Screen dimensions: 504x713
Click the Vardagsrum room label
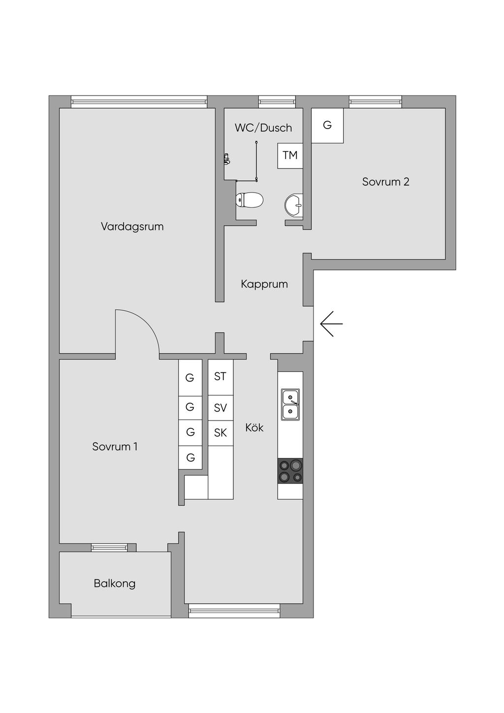click(x=132, y=227)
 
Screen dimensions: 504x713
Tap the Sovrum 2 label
click(x=386, y=182)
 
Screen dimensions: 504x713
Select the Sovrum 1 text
click(x=115, y=447)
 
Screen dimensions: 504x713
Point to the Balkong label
click(x=115, y=583)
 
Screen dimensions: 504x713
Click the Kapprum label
click(x=264, y=284)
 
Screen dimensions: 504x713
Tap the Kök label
click(x=254, y=427)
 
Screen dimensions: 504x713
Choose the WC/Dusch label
click(x=263, y=128)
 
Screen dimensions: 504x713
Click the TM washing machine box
click(x=290, y=156)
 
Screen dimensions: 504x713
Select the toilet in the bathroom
click(x=250, y=200)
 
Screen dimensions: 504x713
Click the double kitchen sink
click(x=290, y=404)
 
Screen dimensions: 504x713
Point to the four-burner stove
click(x=290, y=471)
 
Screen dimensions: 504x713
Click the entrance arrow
click(x=332, y=324)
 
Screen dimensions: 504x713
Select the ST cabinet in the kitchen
click(x=220, y=377)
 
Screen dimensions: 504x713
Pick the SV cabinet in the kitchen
click(x=220, y=408)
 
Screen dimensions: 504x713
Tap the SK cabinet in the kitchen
click(x=220, y=433)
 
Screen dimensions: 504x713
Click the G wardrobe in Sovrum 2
click(x=327, y=126)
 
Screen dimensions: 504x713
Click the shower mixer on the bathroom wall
click(x=226, y=159)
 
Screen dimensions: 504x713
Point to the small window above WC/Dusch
click(x=277, y=102)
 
